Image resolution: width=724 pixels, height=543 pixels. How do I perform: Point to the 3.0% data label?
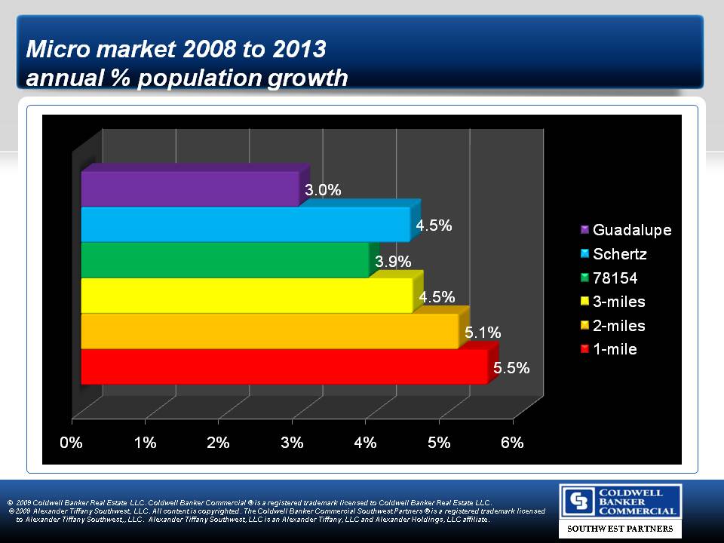point(324,190)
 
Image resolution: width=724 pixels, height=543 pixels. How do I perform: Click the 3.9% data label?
point(394,262)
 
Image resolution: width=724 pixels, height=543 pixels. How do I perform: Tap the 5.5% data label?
point(511,369)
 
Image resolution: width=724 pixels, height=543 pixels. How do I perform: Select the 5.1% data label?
point(483,333)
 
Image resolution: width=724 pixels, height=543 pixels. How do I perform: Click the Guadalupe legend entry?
point(631,229)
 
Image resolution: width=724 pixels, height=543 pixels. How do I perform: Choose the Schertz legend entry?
point(620,254)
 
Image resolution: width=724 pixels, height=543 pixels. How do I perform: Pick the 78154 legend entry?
point(615,278)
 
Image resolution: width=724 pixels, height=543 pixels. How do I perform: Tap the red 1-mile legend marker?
point(584,349)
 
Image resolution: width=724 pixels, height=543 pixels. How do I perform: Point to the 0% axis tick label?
point(72,443)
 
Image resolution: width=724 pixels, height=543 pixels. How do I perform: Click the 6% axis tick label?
point(512,443)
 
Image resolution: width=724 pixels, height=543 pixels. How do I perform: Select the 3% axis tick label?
point(292,443)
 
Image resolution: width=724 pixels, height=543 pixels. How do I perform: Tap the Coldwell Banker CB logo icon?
point(579,502)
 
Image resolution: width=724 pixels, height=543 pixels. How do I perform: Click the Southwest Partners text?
point(620,529)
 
